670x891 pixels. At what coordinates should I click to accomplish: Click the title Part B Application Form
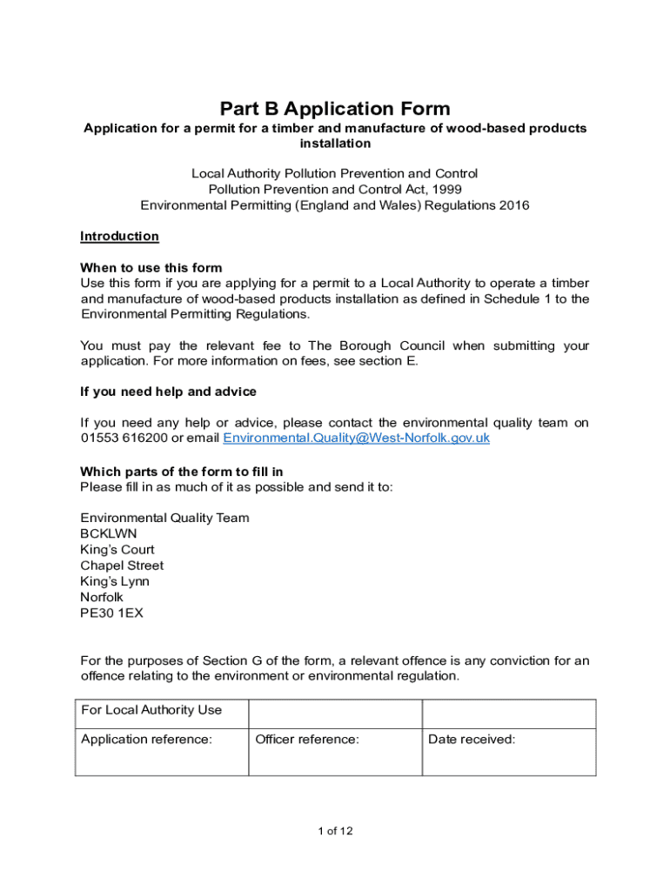pos(335,109)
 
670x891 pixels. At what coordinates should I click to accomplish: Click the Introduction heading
pos(119,237)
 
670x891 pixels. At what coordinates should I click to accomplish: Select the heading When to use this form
pos(151,268)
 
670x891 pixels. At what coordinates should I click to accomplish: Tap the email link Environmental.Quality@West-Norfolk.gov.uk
pos(356,439)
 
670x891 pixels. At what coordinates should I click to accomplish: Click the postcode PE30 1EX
pos(112,613)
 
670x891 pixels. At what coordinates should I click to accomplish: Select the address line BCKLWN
pos(109,533)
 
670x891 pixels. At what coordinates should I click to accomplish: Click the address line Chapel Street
pos(122,566)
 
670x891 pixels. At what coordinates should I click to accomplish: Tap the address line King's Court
pos(117,550)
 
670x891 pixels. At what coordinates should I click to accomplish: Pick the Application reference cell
pos(161,751)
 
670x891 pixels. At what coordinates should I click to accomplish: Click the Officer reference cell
pos(335,751)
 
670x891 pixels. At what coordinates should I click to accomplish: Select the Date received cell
pos(508,751)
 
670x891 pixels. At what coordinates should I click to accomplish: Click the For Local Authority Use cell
pos(161,713)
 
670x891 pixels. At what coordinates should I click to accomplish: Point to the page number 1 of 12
pos(335,831)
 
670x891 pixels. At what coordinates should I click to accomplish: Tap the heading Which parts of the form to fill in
pos(181,472)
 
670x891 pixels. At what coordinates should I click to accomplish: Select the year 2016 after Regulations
pos(513,205)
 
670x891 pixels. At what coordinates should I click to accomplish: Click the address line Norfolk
pos(102,597)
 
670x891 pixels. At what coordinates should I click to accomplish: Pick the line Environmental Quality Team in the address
pos(164,518)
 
